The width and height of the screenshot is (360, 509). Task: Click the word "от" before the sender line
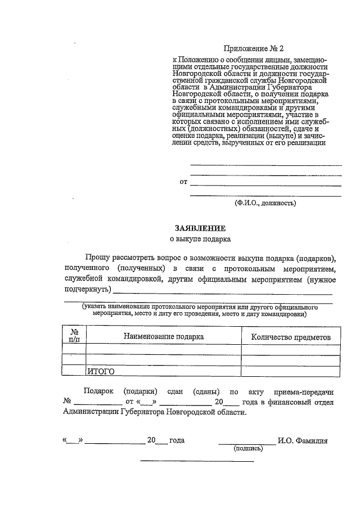tap(183, 182)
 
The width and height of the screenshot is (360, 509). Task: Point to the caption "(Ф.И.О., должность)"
tap(265, 202)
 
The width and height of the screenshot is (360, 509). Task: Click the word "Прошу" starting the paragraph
tap(96, 258)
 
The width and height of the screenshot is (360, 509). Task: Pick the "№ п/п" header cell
tap(74, 336)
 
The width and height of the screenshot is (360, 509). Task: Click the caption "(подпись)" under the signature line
tap(248, 449)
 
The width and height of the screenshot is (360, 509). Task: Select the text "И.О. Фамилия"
tap(303, 440)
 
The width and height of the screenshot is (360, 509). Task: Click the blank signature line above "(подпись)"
tap(247, 444)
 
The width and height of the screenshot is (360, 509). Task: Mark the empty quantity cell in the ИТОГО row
tap(291, 371)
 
